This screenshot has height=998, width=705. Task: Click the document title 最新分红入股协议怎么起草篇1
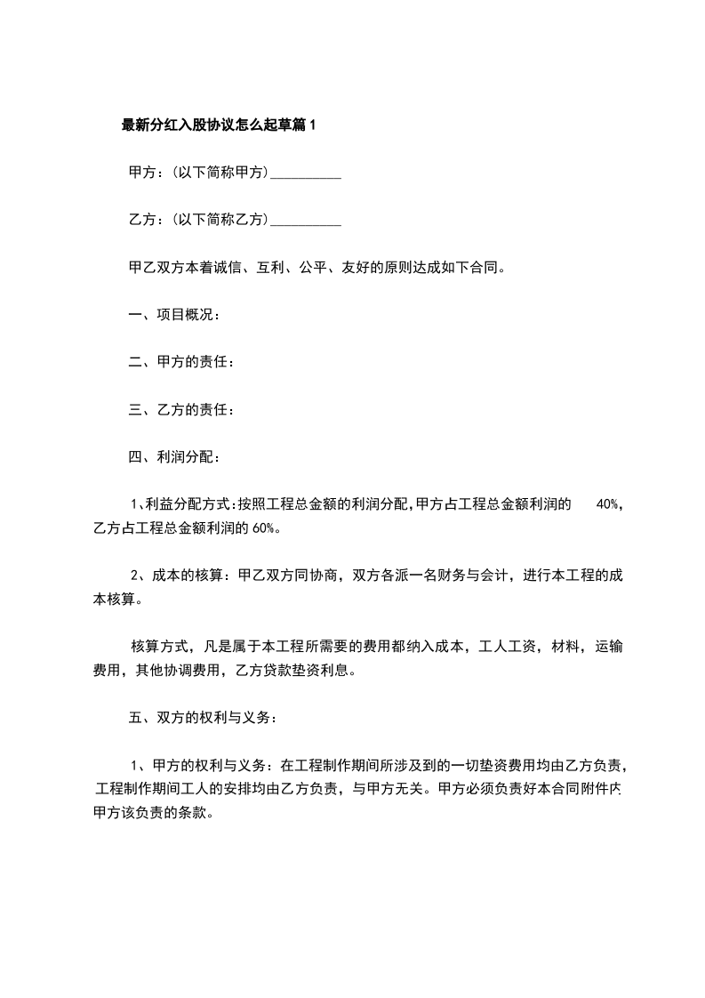click(x=219, y=125)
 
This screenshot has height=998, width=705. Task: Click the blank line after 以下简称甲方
click(x=305, y=173)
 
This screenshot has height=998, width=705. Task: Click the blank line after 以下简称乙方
click(x=305, y=221)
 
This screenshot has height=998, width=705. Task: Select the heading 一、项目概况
click(x=174, y=315)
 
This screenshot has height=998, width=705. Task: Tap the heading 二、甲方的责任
click(x=181, y=363)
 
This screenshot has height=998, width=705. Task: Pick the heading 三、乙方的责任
click(x=181, y=410)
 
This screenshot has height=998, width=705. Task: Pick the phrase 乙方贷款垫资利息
click(x=296, y=671)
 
